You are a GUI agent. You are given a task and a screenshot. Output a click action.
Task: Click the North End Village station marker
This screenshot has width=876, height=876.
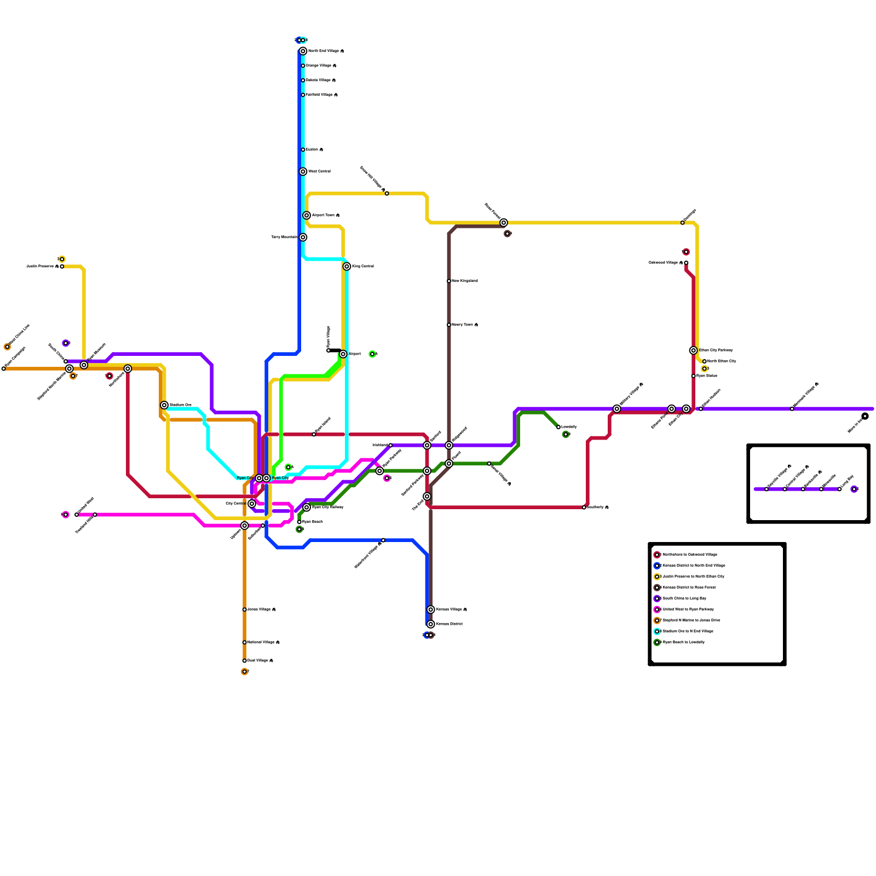[303, 51]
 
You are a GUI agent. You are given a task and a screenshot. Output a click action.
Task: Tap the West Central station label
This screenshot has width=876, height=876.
[319, 171]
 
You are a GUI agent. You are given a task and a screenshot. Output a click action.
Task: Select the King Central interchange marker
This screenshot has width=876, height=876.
[347, 267]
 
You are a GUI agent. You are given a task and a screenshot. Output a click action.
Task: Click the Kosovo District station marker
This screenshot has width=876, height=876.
[431, 624]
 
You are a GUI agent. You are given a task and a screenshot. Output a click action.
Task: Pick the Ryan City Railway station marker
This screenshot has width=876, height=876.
[307, 508]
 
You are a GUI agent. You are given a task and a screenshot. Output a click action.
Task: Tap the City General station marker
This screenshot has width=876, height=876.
[252, 504]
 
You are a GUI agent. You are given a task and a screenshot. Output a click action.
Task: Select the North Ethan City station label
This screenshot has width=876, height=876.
[722, 361]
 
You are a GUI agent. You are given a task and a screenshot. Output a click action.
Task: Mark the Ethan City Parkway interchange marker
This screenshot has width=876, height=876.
[693, 350]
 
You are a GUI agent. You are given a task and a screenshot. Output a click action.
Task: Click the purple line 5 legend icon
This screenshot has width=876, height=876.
[657, 598]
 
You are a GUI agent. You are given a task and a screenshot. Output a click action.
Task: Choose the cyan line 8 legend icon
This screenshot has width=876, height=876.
[657, 631]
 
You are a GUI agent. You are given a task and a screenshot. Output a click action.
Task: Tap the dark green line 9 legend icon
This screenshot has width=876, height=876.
[657, 642]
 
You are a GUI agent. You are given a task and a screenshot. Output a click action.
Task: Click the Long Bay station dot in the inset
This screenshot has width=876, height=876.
[839, 489]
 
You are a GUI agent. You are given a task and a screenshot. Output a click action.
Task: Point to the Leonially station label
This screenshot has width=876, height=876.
[569, 427]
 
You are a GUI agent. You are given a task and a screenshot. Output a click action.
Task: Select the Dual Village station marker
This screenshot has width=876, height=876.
[244, 661]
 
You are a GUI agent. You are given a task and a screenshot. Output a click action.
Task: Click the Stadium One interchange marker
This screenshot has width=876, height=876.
[164, 405]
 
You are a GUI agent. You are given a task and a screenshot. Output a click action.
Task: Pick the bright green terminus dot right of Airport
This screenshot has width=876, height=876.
[372, 354]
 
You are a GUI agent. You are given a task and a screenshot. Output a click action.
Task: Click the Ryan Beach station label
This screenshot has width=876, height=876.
[313, 522]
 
